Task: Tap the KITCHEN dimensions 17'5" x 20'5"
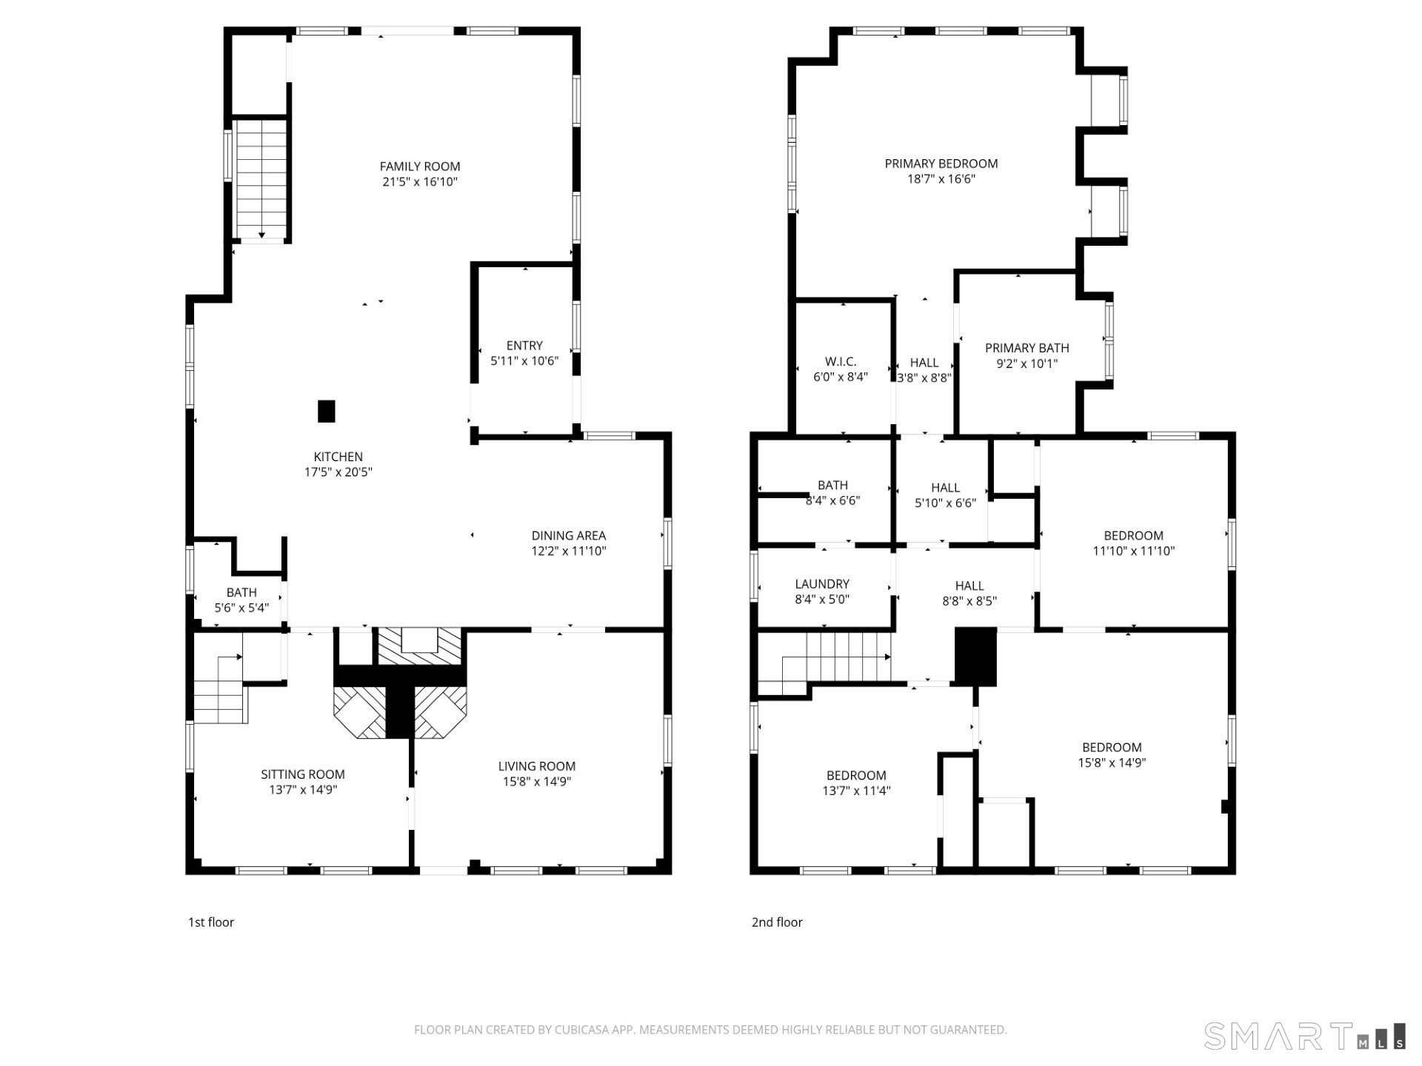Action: click(338, 472)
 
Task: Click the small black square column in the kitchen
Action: click(327, 411)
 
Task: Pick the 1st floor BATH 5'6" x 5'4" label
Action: click(241, 600)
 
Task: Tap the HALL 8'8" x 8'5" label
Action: click(969, 594)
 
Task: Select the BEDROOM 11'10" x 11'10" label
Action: click(1134, 543)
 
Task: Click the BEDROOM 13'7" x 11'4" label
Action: click(857, 782)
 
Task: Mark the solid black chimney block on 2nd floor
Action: click(976, 657)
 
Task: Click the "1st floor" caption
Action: click(211, 922)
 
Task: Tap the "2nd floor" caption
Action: click(777, 922)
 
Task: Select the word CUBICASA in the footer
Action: click(584, 1030)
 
